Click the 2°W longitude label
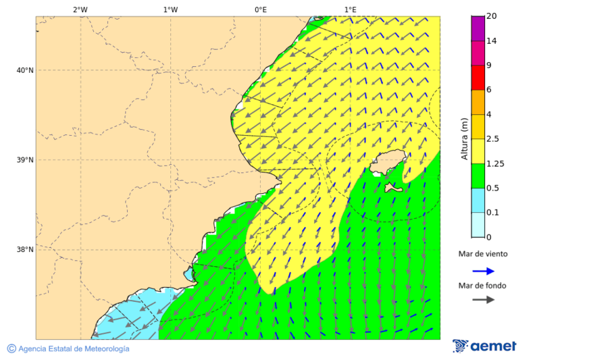pyautogui.click(x=80, y=9)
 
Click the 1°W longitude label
pyautogui.click(x=170, y=9)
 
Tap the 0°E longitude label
pyautogui.click(x=260, y=9)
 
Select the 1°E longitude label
pyautogui.click(x=350, y=9)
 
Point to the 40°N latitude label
pyautogui.click(x=25, y=70)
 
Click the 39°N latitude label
pyautogui.click(x=25, y=160)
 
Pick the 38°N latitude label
pyautogui.click(x=25, y=250)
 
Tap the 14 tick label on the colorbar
pyautogui.click(x=491, y=41)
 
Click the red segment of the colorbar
pyautogui.click(x=478, y=78)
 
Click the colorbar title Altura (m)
pyautogui.click(x=464, y=138)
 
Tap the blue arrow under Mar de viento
pyautogui.click(x=483, y=271)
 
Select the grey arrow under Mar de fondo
pyautogui.click(x=483, y=300)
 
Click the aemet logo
pyautogui.click(x=484, y=346)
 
